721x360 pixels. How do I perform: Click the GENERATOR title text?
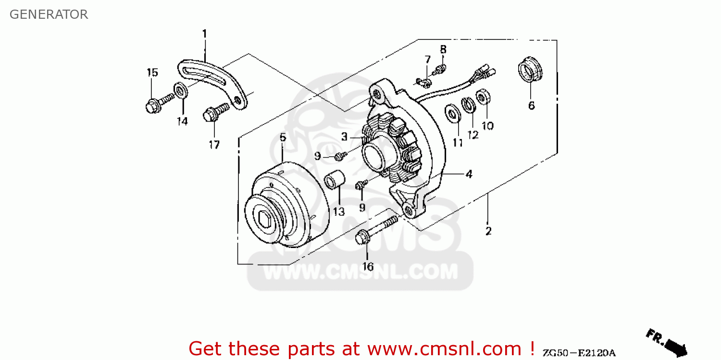click(x=49, y=14)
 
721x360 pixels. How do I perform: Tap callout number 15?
click(x=152, y=73)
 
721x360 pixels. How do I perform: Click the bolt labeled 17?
click(x=214, y=112)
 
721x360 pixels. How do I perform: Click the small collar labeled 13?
click(x=335, y=180)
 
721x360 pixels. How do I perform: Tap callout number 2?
click(x=488, y=231)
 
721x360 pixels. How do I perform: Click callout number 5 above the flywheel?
click(x=283, y=137)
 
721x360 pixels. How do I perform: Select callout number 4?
click(x=469, y=174)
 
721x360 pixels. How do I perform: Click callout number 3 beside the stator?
click(x=344, y=137)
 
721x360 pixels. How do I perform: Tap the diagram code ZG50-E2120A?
click(x=579, y=353)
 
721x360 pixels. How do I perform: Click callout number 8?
click(x=443, y=49)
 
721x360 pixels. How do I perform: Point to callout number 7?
click(x=427, y=59)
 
